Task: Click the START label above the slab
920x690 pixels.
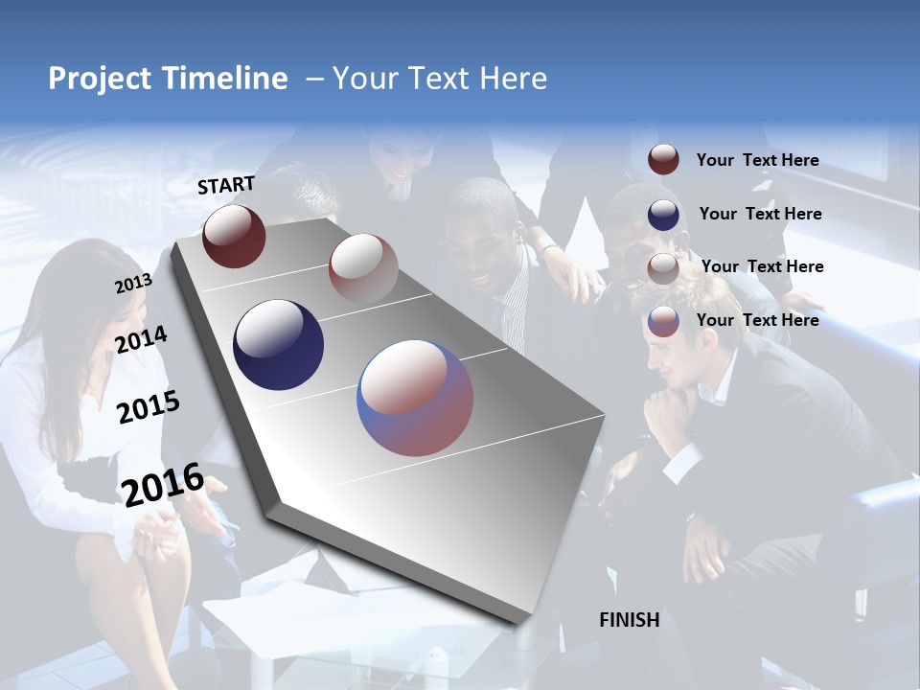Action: (x=226, y=185)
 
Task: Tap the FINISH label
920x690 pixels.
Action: (x=629, y=620)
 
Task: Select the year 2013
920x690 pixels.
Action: (x=133, y=284)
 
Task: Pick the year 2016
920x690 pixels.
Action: (x=163, y=485)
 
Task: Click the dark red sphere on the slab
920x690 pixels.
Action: (x=234, y=236)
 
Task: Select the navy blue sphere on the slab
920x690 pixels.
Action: (x=278, y=345)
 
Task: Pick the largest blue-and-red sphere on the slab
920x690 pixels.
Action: (x=415, y=398)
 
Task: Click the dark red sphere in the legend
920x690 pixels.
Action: (x=663, y=160)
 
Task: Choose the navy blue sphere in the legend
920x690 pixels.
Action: (x=663, y=215)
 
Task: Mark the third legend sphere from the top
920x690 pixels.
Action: (x=663, y=268)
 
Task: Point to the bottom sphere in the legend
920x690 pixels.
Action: (x=663, y=321)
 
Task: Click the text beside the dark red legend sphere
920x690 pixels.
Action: (x=757, y=161)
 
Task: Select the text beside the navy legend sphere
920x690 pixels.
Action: (x=760, y=214)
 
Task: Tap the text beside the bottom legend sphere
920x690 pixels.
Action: (x=757, y=320)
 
